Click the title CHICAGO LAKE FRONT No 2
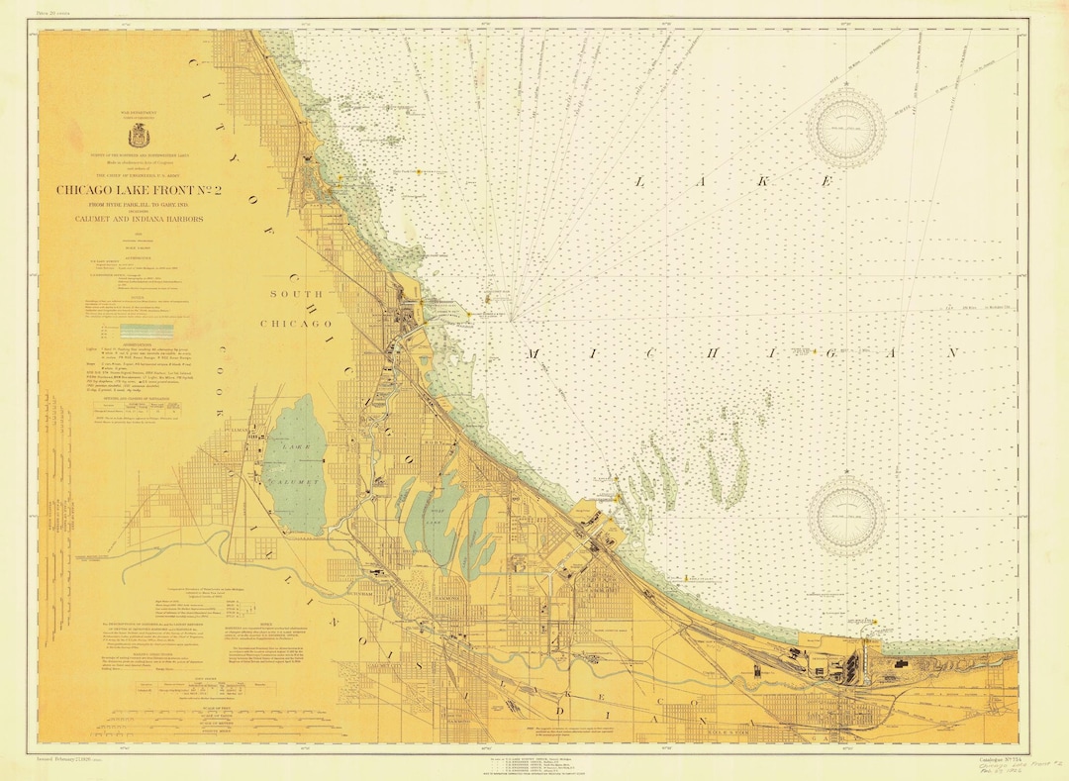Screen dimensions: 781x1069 click(131, 190)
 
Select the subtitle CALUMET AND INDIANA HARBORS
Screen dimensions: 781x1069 click(131, 218)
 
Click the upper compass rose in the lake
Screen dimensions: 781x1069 click(845, 127)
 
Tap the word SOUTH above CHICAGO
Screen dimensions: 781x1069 click(297, 294)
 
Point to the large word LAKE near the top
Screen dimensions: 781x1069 click(732, 182)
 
